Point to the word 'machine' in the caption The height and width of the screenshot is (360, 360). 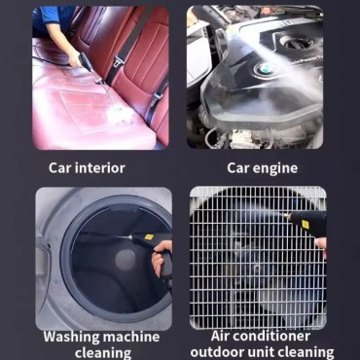tap(132, 337)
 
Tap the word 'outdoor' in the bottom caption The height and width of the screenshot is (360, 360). tap(217, 352)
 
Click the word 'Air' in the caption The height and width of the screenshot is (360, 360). tap(226, 337)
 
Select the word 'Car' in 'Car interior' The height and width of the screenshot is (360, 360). tap(61, 167)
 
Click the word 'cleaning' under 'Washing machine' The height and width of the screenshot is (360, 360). tap(103, 352)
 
